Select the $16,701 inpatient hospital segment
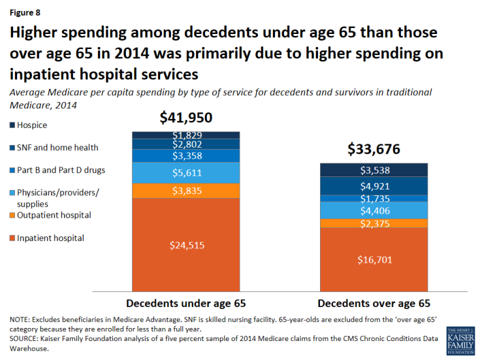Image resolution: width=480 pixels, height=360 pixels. tap(373, 259)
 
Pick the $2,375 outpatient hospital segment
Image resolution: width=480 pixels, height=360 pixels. tap(373, 223)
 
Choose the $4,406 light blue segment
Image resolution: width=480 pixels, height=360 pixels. tap(373, 210)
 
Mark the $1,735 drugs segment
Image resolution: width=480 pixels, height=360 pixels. tap(373, 198)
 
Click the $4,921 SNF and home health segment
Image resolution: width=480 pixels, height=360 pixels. tap(373, 186)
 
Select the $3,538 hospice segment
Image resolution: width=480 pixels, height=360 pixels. tap(373, 171)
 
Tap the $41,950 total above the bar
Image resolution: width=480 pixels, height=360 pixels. tap(186, 118)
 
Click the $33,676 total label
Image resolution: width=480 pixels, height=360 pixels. tap(373, 150)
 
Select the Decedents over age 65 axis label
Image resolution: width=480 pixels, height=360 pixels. tap(373, 303)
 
